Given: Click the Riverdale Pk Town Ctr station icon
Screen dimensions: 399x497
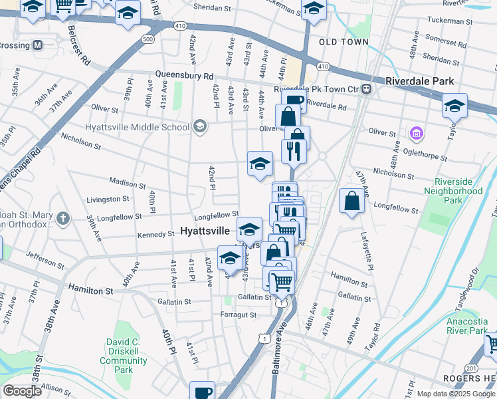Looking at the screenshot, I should coord(365,89).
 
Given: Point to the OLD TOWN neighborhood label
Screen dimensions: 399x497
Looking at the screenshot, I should coord(344,42).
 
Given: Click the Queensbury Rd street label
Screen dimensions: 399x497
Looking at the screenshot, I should coord(185,75).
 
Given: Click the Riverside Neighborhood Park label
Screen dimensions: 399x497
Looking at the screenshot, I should coord(458,190).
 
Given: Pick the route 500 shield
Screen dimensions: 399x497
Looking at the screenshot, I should coord(148,40).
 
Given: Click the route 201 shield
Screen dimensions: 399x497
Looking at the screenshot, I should coord(471,368).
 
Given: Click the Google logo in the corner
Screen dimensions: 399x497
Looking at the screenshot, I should coord(22,391).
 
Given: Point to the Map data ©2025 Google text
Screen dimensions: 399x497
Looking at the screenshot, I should coord(456,394).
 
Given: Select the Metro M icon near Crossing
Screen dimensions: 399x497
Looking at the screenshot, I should coord(37,45).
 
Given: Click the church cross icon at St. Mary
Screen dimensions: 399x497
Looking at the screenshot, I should coord(62,217).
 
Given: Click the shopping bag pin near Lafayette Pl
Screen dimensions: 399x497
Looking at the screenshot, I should coord(351,201).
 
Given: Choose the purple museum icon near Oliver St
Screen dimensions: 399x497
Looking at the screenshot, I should coord(417,134).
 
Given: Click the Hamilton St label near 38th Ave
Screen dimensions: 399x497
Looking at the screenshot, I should coord(90,291).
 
